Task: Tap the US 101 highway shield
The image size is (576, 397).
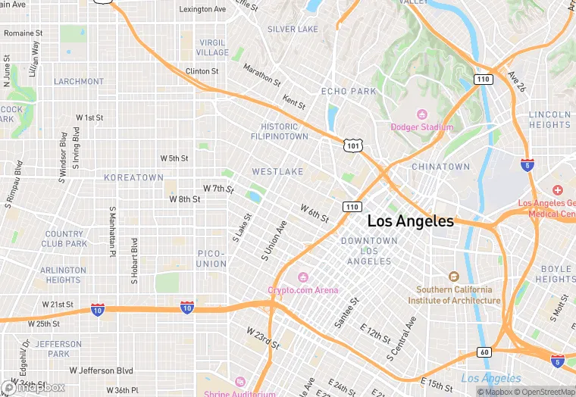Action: pos(352,145)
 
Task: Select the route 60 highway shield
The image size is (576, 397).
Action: pos(484,352)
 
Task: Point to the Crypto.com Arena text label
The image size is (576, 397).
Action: pos(303,290)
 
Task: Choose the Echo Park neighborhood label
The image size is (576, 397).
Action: pos(349,91)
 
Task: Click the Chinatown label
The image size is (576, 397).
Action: pos(440,167)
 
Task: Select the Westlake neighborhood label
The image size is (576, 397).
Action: pos(277,172)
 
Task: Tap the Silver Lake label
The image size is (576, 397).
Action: pos(293,30)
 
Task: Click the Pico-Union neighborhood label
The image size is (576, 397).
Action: pos(211,258)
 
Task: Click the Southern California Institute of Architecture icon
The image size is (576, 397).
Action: pos(454,277)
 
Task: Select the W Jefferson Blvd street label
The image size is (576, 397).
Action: pos(101,370)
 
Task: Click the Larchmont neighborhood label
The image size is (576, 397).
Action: pos(79,81)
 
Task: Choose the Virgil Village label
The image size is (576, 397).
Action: pos(212,48)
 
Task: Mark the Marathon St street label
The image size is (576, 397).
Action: pos(261,73)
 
